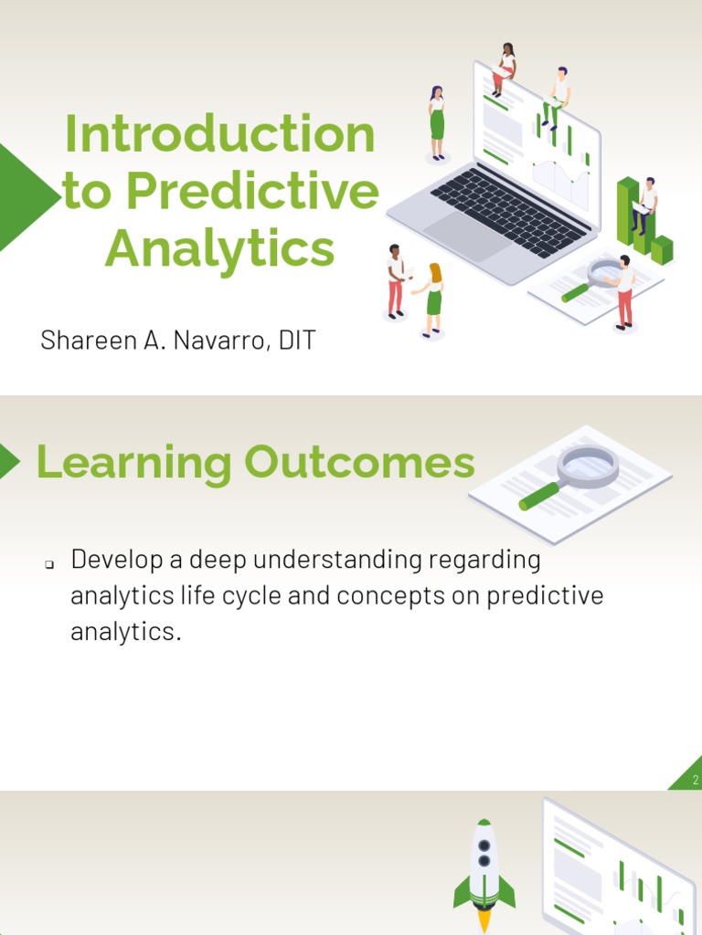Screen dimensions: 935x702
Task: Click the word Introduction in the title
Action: (219, 135)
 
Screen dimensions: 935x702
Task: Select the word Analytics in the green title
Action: (219, 248)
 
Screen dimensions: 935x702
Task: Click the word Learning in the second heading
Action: (134, 463)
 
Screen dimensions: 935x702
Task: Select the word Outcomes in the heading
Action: (359, 463)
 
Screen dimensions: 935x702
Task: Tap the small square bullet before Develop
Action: (49, 565)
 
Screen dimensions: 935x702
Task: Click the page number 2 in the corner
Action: (695, 781)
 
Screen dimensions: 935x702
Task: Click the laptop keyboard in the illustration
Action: (508, 212)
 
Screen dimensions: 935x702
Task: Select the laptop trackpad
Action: (467, 236)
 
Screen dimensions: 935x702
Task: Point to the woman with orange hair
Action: (433, 298)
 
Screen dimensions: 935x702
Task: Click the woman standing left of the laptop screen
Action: (437, 123)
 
